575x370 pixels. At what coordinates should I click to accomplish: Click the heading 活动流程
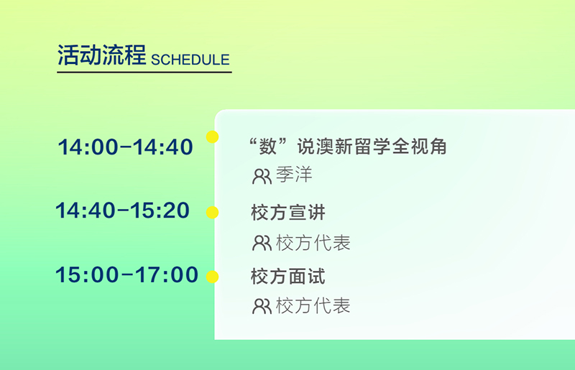click(x=101, y=55)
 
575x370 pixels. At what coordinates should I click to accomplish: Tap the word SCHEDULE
click(x=190, y=60)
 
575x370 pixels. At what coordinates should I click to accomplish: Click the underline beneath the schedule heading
click(x=144, y=72)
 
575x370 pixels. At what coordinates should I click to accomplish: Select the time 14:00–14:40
click(x=125, y=147)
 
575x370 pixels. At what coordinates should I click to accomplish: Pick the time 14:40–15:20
click(x=122, y=211)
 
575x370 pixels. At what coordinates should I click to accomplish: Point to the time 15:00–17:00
click(x=127, y=274)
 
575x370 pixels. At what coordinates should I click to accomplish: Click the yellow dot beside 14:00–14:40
click(x=212, y=137)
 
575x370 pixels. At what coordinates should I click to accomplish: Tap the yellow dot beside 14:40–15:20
click(x=212, y=213)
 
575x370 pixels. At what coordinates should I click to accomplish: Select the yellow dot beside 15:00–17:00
click(x=212, y=277)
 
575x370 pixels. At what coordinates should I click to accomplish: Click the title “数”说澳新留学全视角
click(x=347, y=147)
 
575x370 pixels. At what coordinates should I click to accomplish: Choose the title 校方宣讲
click(x=288, y=213)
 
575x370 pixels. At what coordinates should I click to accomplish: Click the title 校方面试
click(x=288, y=276)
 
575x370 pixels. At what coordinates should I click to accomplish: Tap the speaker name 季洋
click(x=294, y=175)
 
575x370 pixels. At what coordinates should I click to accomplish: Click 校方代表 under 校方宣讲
click(x=313, y=243)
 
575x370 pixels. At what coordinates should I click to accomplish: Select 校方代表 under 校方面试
click(x=313, y=305)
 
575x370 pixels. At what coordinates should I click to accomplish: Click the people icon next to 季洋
click(x=262, y=177)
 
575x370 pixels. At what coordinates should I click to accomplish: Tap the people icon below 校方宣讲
click(x=262, y=243)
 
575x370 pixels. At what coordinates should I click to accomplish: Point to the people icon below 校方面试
click(x=262, y=307)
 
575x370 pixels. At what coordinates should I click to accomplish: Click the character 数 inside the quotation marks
click(x=267, y=147)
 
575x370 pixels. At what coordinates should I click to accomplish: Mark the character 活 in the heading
click(x=68, y=55)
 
